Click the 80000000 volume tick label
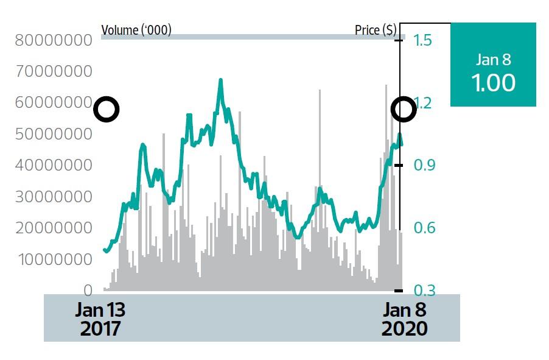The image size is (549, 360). tap(54, 40)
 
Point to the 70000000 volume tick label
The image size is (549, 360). tap(54, 71)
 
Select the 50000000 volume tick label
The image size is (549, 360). tap(54, 134)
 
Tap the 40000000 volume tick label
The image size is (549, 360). tap(54, 165)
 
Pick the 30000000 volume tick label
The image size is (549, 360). tap(54, 197)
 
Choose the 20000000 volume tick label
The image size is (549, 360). tap(54, 228)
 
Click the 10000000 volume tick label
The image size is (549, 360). tap(54, 259)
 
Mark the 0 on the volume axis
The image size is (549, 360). tap(88, 291)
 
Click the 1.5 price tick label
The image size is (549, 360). tap(422, 40)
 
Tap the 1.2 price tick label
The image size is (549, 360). tap(422, 103)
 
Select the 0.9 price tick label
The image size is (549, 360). tap(422, 165)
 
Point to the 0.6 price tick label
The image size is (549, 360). tap(422, 228)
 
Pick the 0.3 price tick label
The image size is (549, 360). tap(422, 291)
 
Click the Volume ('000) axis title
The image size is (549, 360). tap(136, 29)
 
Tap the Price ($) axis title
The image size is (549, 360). tap(376, 29)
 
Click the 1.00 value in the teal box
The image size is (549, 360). tap(493, 82)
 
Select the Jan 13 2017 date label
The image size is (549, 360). tap(100, 319)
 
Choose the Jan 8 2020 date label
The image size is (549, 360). tap(404, 319)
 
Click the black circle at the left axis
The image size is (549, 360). tap(107, 110)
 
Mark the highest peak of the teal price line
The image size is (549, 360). tap(220, 80)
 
